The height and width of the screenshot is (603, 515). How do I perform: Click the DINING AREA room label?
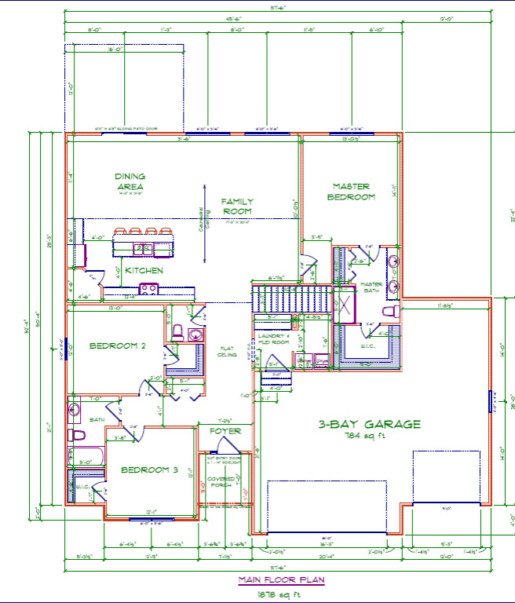click(130, 181)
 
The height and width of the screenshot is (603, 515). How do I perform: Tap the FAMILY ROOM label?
click(236, 206)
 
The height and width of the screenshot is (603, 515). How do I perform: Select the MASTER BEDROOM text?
click(351, 192)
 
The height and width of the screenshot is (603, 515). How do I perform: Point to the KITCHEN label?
click(144, 270)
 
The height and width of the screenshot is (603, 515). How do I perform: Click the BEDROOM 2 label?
click(118, 345)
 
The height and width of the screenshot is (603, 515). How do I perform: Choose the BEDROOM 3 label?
click(149, 470)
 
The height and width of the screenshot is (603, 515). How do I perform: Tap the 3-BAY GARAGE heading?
click(369, 424)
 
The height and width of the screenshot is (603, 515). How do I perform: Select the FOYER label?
click(225, 431)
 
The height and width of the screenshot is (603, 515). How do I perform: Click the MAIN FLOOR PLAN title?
click(283, 580)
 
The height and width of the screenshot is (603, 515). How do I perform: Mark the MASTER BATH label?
click(371, 287)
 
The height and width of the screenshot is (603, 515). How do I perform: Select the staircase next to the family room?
click(275, 298)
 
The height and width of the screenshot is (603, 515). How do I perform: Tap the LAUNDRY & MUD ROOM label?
click(274, 339)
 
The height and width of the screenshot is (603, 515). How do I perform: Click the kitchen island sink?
click(144, 248)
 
